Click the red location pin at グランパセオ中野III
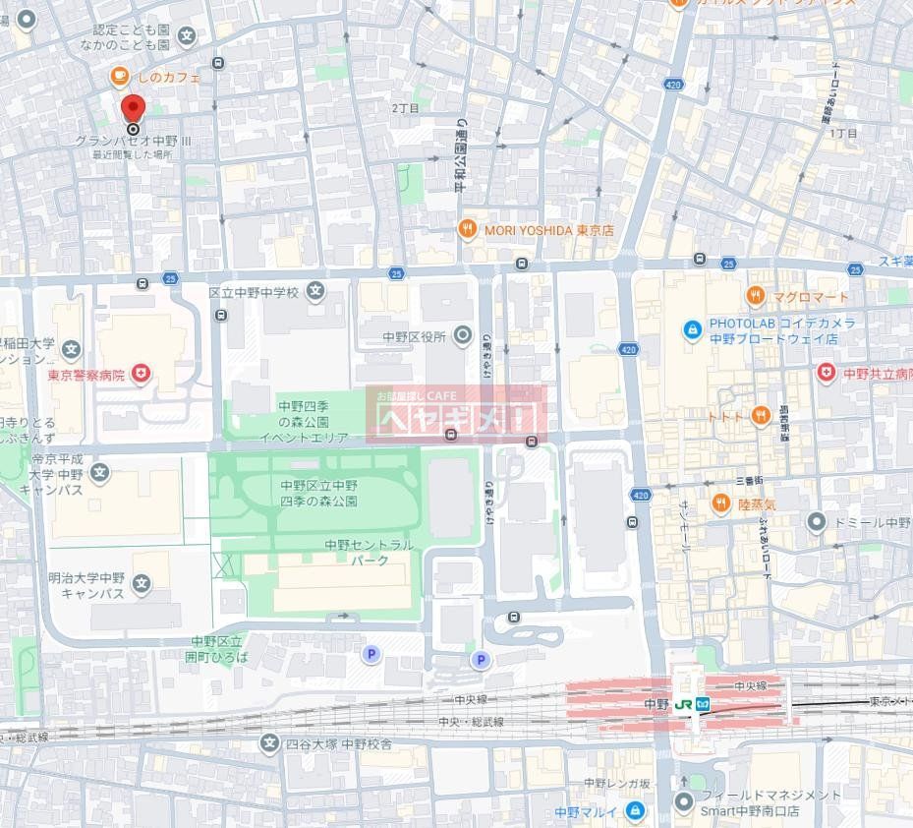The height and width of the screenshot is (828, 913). [132, 108]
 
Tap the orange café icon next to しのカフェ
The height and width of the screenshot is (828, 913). [118, 76]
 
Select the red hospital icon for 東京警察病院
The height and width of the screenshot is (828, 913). [143, 374]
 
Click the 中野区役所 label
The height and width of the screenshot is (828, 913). [414, 337]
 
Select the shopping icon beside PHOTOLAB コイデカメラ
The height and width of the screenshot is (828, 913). [693, 326]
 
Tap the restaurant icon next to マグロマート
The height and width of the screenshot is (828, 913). [755, 294]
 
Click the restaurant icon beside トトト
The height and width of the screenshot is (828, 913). [760, 416]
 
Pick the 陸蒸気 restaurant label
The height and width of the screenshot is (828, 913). [757, 503]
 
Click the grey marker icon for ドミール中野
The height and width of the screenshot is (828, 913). [816, 521]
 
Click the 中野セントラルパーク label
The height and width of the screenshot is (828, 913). [370, 552]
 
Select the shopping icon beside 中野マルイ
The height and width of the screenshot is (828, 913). [635, 811]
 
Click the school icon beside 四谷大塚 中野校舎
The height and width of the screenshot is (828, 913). [270, 743]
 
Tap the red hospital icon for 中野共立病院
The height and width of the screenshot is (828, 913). [827, 373]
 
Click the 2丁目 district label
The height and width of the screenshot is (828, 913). [405, 107]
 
